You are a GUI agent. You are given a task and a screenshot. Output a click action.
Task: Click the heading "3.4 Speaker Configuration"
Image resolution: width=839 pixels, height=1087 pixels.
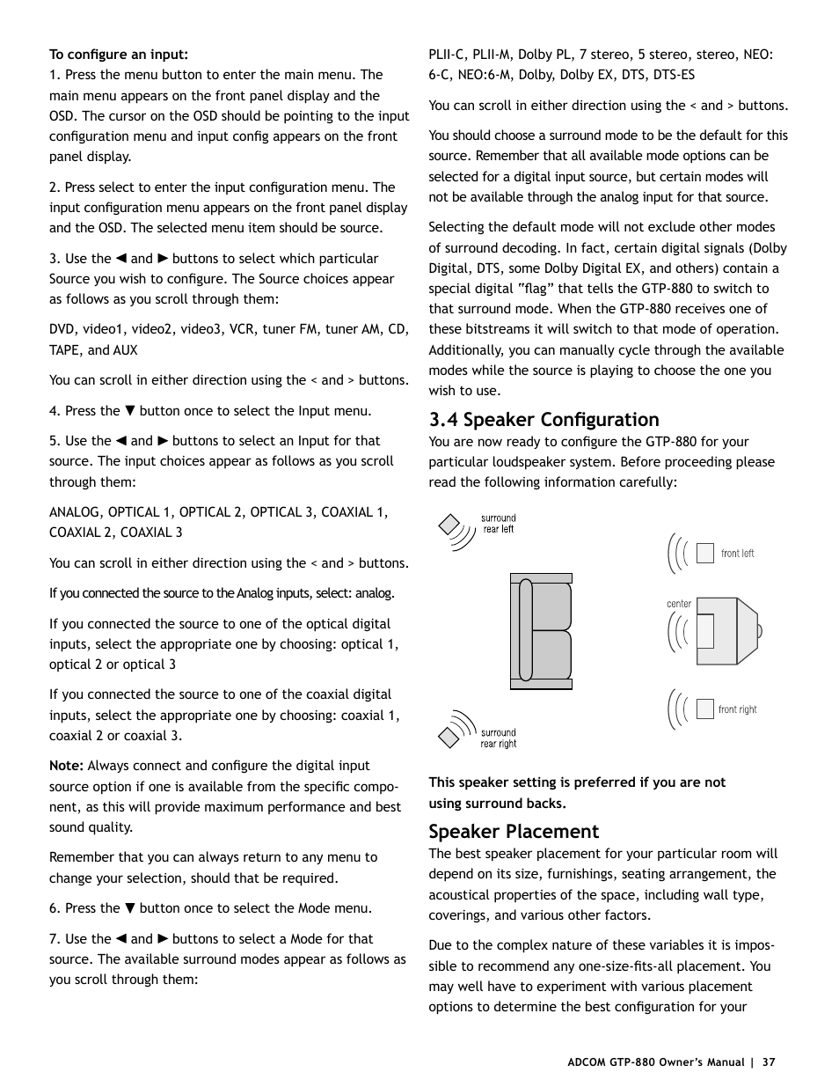pyautogui.click(x=544, y=420)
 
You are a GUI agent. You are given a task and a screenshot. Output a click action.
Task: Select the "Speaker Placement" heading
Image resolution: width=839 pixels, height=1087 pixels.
pyautogui.click(x=514, y=832)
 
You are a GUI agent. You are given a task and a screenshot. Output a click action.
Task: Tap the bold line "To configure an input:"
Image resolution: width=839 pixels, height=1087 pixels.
pyautogui.click(x=119, y=55)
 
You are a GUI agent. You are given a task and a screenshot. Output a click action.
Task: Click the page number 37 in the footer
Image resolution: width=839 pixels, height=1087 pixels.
pyautogui.click(x=769, y=1062)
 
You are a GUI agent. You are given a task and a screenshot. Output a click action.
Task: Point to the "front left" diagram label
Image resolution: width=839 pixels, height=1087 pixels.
pyautogui.click(x=737, y=554)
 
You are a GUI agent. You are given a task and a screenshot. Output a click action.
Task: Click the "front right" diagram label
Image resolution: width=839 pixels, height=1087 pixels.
pyautogui.click(x=737, y=709)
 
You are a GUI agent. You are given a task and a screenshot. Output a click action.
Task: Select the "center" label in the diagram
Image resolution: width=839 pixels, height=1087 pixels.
pyautogui.click(x=679, y=604)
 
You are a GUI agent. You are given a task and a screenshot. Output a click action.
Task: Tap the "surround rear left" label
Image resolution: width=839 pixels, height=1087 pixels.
pyautogui.click(x=498, y=524)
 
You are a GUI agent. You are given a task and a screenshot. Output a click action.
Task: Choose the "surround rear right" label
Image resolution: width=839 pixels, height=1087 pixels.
pyautogui.click(x=498, y=738)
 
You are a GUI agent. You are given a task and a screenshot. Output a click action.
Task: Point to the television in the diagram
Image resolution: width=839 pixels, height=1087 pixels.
pyautogui.click(x=726, y=631)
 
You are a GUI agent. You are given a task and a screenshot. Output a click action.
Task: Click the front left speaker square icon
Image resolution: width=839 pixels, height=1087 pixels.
pyautogui.click(x=704, y=553)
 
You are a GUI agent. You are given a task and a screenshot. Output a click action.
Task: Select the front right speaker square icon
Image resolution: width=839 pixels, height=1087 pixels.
pyautogui.click(x=704, y=709)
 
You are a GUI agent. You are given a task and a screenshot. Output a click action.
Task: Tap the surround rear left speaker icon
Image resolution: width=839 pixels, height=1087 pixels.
pyautogui.click(x=451, y=525)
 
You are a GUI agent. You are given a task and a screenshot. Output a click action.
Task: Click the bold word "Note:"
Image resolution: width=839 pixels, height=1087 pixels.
pyautogui.click(x=66, y=766)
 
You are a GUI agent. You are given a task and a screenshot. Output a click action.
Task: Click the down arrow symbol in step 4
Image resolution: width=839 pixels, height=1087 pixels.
pyautogui.click(x=129, y=411)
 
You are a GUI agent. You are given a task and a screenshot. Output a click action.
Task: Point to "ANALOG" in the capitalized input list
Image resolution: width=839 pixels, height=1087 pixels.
pyautogui.click(x=75, y=512)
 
